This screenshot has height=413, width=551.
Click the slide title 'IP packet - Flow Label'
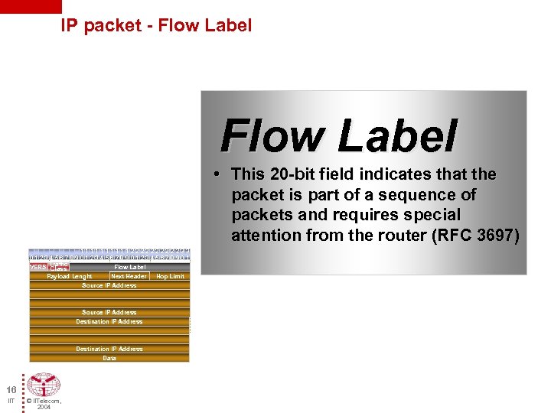pos(156,25)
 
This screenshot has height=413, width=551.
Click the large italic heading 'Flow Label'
pos(338,136)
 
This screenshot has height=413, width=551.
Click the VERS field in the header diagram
pos(37,267)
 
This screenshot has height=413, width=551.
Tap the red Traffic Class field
pos(59,267)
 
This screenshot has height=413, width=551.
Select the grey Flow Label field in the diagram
pos(129,267)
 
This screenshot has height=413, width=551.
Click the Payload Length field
pos(69,276)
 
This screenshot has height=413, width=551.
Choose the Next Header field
pos(129,276)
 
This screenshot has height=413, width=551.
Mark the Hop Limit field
pos(170,276)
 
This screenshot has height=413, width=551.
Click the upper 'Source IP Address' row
pos(109,285)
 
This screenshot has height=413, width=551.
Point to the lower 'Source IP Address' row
pos(109,312)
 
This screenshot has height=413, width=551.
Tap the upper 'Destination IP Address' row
pos(109,321)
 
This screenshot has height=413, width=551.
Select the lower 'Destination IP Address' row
pos(109,349)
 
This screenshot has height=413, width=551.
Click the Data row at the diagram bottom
pos(109,358)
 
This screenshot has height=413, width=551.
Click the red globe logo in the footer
pos(43,385)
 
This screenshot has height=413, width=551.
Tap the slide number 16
pos(11,389)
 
